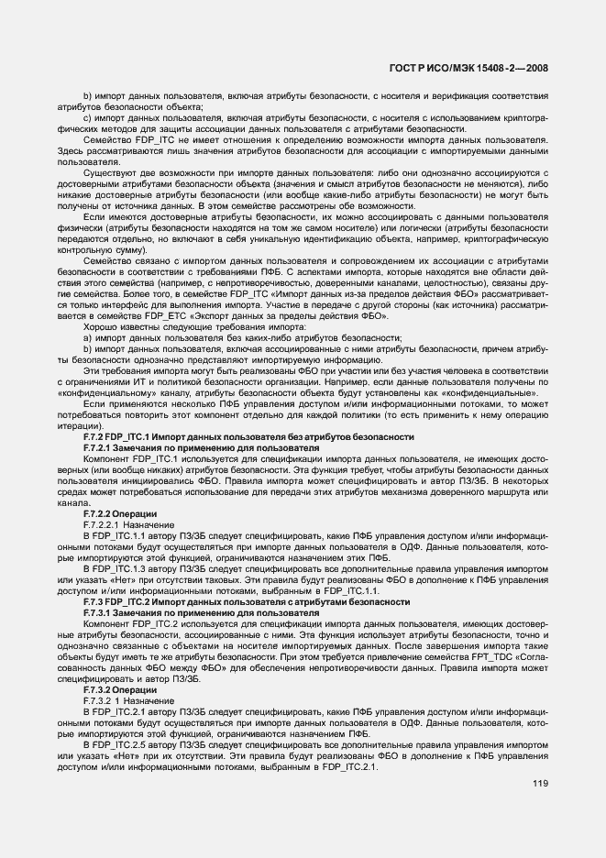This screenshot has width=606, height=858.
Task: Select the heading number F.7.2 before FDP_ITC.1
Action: [94, 439]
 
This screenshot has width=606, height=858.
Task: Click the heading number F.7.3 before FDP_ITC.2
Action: [94, 603]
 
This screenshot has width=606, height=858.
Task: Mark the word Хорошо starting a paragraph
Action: [100, 326]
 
